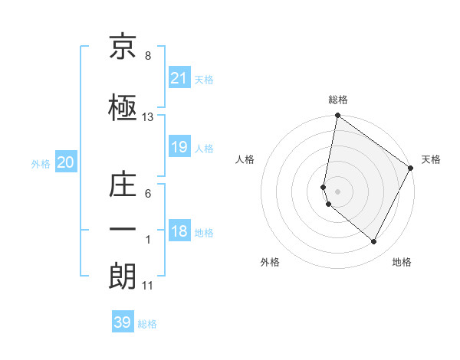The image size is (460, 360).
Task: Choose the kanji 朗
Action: [123, 275]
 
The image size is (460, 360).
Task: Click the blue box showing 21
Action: [179, 77]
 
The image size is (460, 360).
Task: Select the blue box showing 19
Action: [179, 147]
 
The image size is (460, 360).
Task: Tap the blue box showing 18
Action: [179, 232]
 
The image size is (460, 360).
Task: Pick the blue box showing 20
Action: [65, 162]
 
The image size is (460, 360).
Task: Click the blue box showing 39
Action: [123, 322]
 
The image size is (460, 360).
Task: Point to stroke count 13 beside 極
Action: [148, 117]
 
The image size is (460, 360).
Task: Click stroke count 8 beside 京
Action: [148, 57]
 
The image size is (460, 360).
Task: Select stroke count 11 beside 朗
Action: [148, 286]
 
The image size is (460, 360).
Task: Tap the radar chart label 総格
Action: [338, 100]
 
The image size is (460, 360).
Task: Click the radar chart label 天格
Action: [431, 159]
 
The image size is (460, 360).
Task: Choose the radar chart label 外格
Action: [270, 262]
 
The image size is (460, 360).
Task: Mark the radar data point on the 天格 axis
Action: [411, 168]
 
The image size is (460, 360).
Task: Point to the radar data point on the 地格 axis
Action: [374, 242]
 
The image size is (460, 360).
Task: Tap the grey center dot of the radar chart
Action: [338, 191]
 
